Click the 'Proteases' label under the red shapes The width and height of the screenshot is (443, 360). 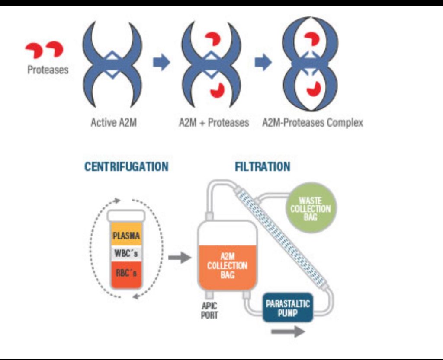[48, 70]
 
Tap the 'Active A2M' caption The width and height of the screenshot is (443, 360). [113, 123]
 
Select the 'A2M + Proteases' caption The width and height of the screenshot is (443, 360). [214, 123]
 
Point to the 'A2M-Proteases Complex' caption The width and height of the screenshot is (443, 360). [312, 123]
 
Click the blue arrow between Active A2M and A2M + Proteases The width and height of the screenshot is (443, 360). [161, 63]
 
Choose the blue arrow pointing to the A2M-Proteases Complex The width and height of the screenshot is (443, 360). [263, 63]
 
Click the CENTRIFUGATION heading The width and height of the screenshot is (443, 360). [126, 167]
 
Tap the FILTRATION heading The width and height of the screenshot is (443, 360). [263, 167]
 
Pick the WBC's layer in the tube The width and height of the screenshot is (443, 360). [126, 254]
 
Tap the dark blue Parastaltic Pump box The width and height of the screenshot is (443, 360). [288, 308]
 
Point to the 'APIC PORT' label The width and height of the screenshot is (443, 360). [209, 310]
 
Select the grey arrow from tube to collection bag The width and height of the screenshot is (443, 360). [179, 258]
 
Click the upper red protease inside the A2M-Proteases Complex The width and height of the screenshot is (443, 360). [311, 39]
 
